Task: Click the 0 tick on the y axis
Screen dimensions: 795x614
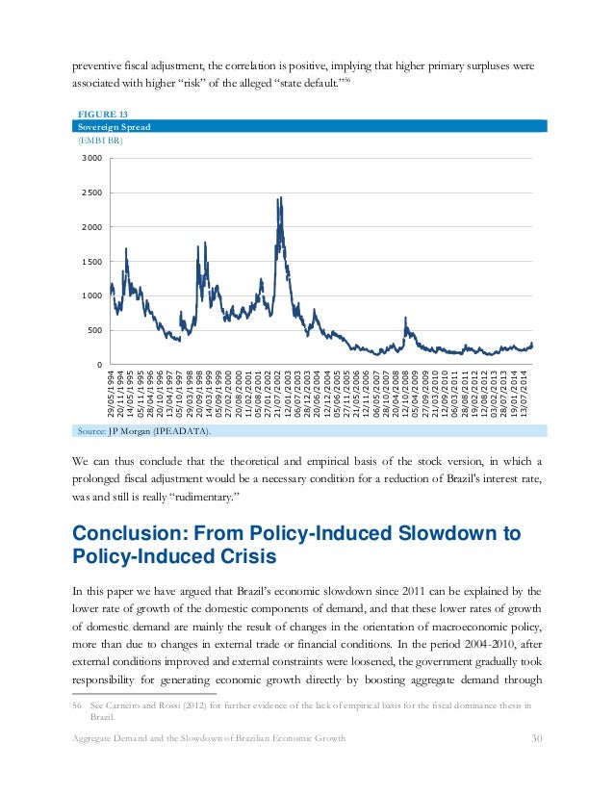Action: (x=98, y=365)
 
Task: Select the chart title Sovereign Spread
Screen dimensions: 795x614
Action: (x=114, y=126)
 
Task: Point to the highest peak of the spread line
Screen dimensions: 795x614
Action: (x=280, y=198)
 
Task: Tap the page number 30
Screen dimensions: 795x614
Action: (x=538, y=765)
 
